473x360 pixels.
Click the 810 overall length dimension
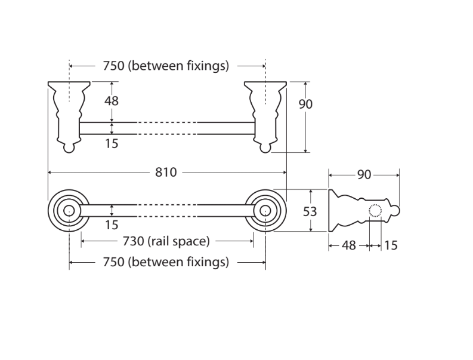tap(166, 173)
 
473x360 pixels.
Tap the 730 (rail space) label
tap(166, 241)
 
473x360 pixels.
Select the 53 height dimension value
tap(310, 212)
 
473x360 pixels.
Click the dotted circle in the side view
tap(375, 211)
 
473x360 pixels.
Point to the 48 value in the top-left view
tap(112, 101)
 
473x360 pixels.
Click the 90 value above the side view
tap(364, 175)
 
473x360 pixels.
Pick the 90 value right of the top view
tap(305, 104)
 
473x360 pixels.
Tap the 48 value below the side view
tap(349, 245)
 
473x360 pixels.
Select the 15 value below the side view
tap(391, 245)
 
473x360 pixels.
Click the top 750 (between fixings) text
tap(166, 66)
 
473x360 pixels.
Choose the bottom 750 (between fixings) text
tap(166, 262)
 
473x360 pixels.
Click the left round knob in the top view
tap(69, 148)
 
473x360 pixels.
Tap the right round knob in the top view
tap(265, 148)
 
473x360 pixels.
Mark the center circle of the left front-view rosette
tap(69, 211)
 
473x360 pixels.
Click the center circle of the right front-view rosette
tap(265, 211)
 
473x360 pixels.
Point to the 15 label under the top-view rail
tap(112, 143)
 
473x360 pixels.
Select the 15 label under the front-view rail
tap(112, 225)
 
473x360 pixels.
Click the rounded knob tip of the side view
tap(395, 211)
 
